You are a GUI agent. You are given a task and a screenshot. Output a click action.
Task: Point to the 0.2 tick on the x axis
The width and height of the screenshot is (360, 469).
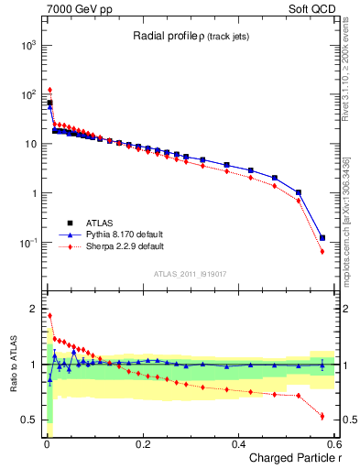142,443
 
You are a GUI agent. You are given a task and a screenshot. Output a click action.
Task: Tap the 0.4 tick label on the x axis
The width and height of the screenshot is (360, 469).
238,443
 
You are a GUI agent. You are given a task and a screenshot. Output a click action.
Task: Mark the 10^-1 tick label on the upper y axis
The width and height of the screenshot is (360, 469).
28,243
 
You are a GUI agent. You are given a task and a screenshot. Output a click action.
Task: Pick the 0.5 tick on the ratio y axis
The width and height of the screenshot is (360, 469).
30,420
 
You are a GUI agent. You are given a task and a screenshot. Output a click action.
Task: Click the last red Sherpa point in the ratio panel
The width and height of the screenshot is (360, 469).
322,416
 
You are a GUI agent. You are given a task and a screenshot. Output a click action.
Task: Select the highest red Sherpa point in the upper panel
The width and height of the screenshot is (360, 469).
49,90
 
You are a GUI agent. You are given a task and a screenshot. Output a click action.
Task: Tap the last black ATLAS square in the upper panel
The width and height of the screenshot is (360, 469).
322,238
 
